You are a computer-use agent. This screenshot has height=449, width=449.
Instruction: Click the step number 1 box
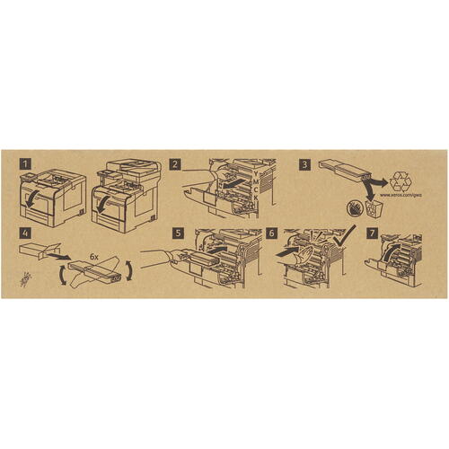27,165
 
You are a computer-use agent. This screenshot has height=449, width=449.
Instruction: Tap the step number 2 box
176,165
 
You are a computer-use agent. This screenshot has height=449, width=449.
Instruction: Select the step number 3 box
307,165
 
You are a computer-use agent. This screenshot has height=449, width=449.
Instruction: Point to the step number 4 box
27,233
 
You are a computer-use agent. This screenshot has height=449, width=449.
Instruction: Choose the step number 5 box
179,233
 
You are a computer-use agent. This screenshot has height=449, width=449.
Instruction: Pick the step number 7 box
372,233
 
